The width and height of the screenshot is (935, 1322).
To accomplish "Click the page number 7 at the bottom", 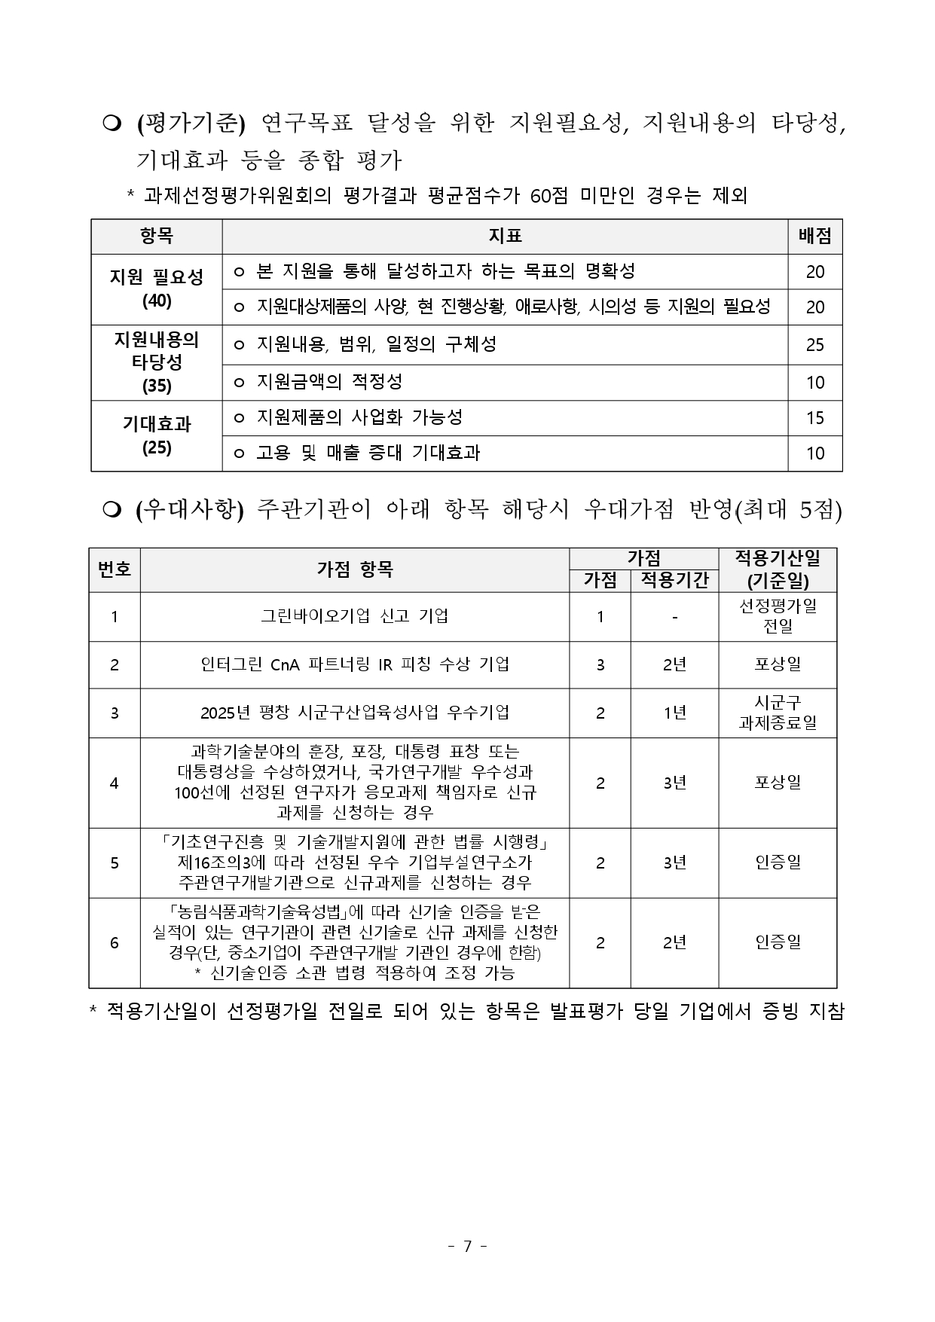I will pyautogui.click(x=467, y=1246).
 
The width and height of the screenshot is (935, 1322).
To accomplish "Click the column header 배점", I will pyautogui.click(x=814, y=237).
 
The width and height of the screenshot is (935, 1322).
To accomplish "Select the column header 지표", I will pyautogui.click(x=505, y=237).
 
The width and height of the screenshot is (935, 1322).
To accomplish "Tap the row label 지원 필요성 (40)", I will pyautogui.click(x=157, y=289).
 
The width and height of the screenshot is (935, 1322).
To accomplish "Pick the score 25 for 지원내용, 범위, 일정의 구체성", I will pyautogui.click(x=814, y=345).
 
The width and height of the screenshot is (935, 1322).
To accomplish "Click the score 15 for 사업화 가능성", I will pyautogui.click(x=814, y=418).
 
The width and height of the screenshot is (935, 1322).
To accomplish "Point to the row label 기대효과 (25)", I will pyautogui.click(x=157, y=435).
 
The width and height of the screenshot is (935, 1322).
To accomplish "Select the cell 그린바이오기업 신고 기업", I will pyautogui.click(x=354, y=616).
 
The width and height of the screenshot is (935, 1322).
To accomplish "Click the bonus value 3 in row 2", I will pyautogui.click(x=600, y=664).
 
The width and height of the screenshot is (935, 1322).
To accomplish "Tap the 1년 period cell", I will pyautogui.click(x=674, y=713).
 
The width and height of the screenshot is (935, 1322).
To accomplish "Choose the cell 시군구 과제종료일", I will pyautogui.click(x=778, y=713).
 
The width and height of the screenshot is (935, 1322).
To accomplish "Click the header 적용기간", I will pyautogui.click(x=674, y=579).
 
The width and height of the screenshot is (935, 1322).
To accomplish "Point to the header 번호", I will pyautogui.click(x=115, y=569).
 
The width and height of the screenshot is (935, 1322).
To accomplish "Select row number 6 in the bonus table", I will pyautogui.click(x=115, y=942).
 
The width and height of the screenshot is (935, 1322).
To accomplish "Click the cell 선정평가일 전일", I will pyautogui.click(x=778, y=616).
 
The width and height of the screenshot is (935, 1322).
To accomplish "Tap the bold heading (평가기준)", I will pyautogui.click(x=191, y=123).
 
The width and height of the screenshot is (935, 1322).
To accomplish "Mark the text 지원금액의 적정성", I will pyautogui.click(x=329, y=382).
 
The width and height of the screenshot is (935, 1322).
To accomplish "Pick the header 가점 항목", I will pyautogui.click(x=354, y=569).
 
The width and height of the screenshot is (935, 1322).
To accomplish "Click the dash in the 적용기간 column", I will pyautogui.click(x=674, y=617).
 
